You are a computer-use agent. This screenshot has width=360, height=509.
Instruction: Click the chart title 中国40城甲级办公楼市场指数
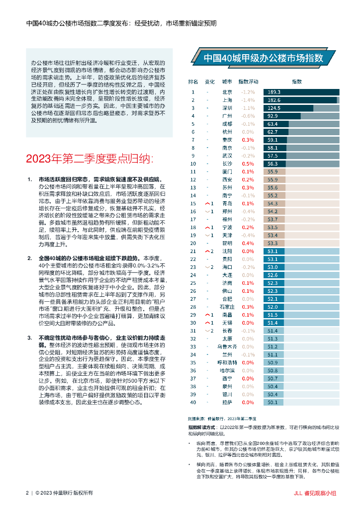(264, 57)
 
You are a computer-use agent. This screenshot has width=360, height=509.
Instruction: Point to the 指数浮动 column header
(248, 81)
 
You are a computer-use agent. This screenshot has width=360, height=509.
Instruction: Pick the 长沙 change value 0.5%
(248, 164)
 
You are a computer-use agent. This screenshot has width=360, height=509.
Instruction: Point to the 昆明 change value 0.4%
(248, 243)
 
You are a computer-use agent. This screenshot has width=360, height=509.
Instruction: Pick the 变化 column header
(210, 81)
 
